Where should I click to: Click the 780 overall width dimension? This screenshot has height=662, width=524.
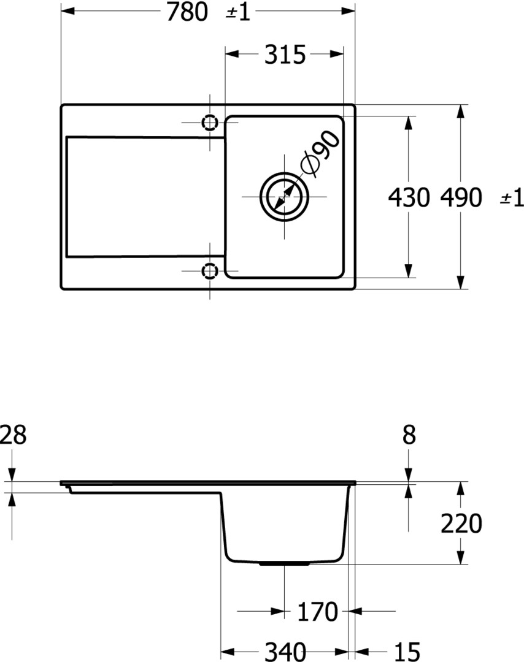187,12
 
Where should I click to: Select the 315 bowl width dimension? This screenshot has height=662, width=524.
285,55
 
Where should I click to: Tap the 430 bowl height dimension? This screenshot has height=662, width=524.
409,197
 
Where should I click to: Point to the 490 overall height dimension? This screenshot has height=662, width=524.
461,197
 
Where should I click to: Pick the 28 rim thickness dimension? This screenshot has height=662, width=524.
13,435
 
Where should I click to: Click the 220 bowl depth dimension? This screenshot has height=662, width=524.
461,523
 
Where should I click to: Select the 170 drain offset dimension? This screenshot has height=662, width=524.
318,612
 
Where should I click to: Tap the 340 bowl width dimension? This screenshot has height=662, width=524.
285,652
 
